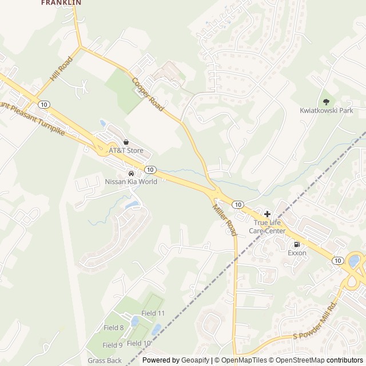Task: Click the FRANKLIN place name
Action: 61,3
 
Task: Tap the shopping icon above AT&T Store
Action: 126,142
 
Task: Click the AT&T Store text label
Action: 126,151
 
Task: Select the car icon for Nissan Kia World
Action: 131,173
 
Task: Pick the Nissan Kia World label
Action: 131,182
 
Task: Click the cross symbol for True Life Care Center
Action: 267,214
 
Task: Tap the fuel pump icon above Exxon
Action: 297,244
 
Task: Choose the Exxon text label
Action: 297,253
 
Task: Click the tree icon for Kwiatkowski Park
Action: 327,102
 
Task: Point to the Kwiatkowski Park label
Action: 327,110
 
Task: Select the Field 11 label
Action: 153,313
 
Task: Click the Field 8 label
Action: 114,328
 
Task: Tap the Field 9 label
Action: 113,345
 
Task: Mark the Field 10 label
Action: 139,343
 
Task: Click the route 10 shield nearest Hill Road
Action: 44,104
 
